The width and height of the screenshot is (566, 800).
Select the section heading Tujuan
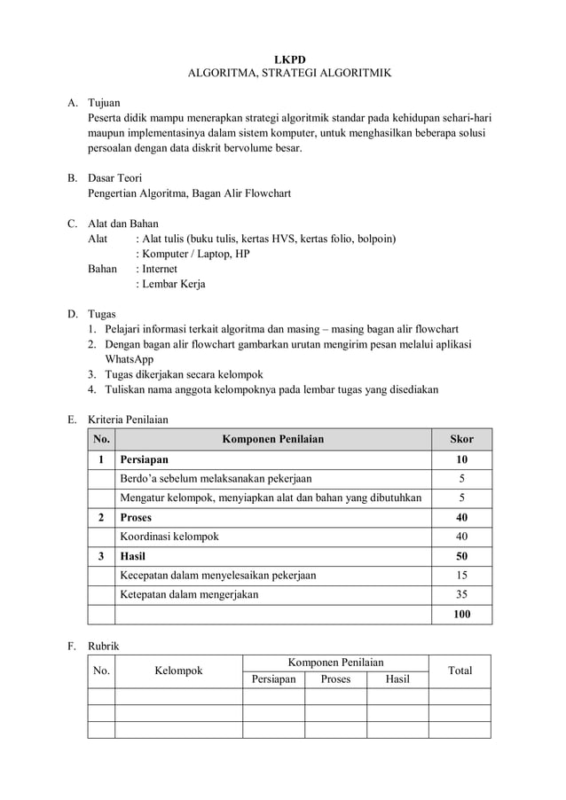tap(104, 103)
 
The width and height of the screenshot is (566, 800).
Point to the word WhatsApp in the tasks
tap(130, 359)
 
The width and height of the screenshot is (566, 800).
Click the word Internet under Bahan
tap(160, 269)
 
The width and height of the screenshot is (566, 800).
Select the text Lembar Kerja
tap(173, 284)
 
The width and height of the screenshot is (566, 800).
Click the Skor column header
tap(461, 439)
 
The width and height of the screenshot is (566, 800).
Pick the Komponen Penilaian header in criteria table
tap(272, 439)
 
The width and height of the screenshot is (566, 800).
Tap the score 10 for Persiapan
tap(461, 460)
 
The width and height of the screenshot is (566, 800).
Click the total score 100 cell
tap(461, 615)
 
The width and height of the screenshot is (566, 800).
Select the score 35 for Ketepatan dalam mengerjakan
tap(461, 594)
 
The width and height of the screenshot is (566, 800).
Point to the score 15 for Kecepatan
tap(461, 575)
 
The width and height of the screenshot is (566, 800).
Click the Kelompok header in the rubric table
tap(178, 671)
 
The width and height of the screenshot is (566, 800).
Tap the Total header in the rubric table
tap(460, 671)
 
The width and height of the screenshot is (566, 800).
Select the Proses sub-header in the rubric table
tap(335, 679)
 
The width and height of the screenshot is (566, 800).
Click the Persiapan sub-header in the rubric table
tap(273, 679)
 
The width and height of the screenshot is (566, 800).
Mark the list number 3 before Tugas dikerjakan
tap(92, 374)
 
